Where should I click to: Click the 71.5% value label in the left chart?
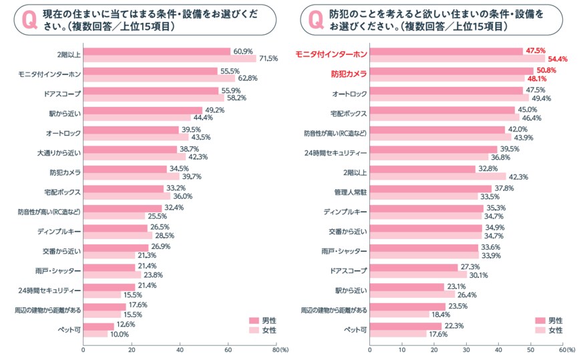pos(268,59)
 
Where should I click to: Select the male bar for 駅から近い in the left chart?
pos(142,110)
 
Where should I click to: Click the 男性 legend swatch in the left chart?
pos(253,320)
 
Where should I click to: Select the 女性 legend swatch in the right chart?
pos(539,330)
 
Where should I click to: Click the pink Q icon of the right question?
pos(312,20)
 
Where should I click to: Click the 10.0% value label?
pos(118,334)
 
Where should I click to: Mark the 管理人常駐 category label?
pos(350,191)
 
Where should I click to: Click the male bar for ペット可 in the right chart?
pos(405,326)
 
